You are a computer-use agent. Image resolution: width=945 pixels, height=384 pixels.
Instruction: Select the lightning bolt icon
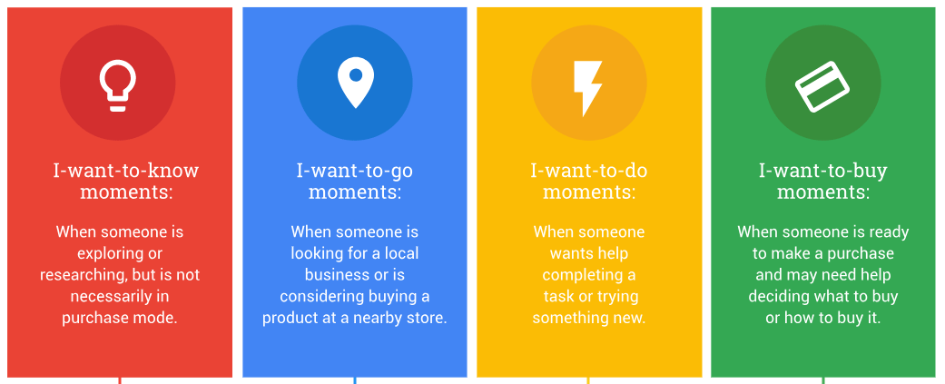tap(587, 88)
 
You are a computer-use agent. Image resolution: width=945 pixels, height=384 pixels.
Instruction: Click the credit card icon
tap(822, 86)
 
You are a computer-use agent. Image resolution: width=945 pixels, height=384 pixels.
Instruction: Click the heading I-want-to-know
tap(126, 171)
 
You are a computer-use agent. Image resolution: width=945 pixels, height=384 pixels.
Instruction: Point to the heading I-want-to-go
tap(354, 171)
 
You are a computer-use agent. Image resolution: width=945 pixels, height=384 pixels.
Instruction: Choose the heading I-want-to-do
tap(589, 171)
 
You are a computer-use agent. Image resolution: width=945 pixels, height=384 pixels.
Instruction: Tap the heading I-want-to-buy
tap(822, 171)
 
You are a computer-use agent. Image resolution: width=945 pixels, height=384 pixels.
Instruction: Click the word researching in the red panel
tap(84, 275)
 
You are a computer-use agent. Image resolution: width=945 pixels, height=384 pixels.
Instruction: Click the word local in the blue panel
tap(400, 253)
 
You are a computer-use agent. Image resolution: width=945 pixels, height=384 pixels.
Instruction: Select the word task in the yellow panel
tap(557, 297)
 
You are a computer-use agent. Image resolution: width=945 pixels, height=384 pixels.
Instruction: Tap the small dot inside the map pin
tap(356, 75)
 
